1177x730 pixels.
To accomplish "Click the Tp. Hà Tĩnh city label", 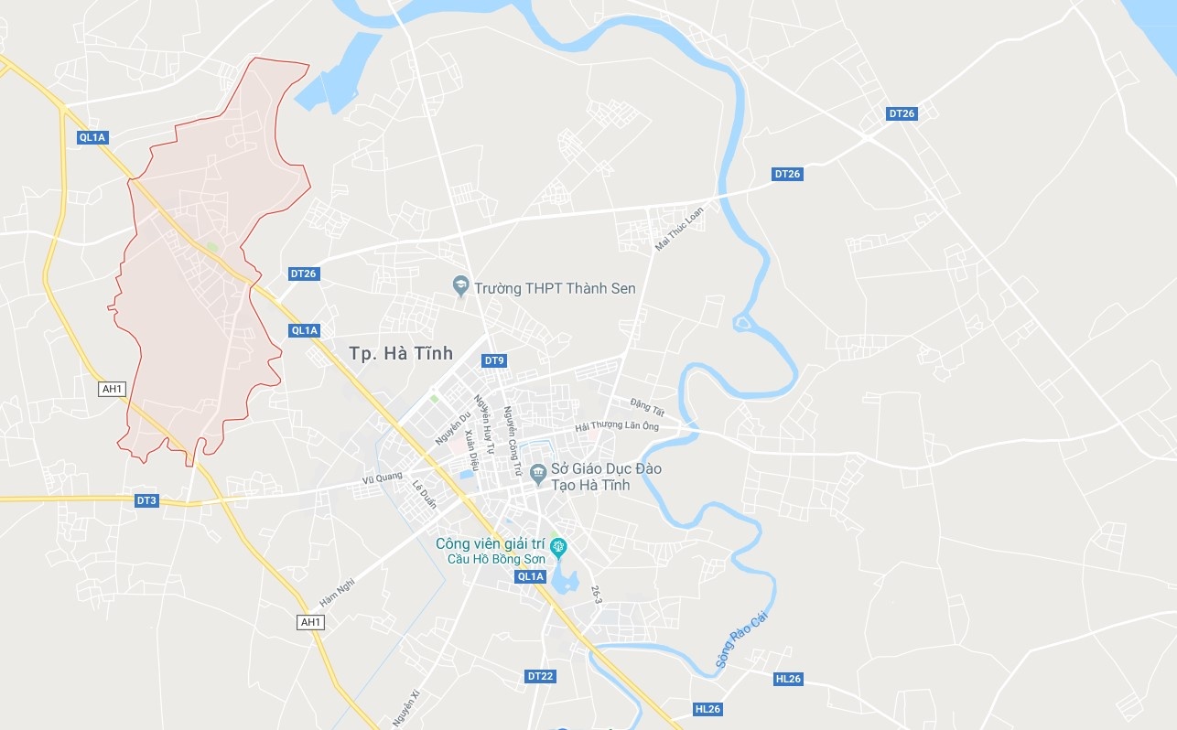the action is point(402,353).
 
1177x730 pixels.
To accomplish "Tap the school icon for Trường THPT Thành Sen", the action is point(461,287).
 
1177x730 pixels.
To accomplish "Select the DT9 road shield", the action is point(494,360).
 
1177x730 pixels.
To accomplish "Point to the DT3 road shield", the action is point(146,500).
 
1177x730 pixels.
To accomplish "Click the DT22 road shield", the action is point(540,676).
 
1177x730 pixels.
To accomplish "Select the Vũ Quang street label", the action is point(382,477).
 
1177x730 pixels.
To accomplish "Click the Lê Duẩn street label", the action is point(425,494).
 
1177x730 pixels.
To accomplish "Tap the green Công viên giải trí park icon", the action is point(558,547).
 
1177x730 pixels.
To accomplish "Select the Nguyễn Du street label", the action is point(453,428).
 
